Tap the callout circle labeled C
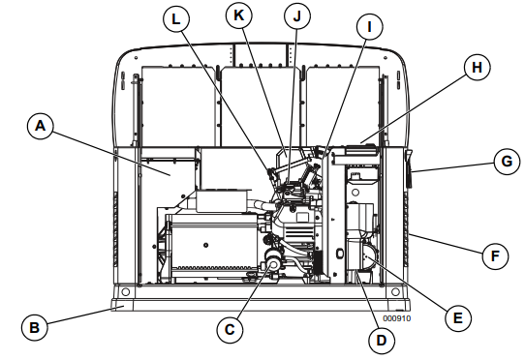[x=230, y=329]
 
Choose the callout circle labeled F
[x=495, y=256]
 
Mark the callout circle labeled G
[x=505, y=162]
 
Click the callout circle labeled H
[x=475, y=68]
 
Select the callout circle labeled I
[x=368, y=27]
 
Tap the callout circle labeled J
[x=298, y=15]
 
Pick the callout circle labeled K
[x=237, y=15]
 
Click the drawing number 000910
[x=397, y=316]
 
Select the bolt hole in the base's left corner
[x=124, y=291]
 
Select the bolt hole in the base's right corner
[x=394, y=291]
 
